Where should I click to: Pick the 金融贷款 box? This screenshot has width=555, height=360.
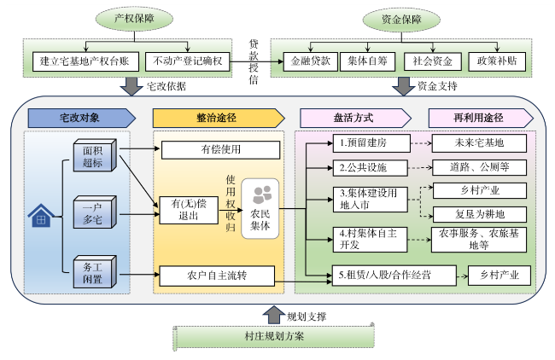[x=308, y=61]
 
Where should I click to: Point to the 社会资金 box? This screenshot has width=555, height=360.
[x=430, y=61]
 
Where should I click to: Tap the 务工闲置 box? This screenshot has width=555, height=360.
[x=92, y=271]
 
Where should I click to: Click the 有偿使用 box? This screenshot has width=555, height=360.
[x=215, y=151]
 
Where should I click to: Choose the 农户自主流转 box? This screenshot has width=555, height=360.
[x=217, y=276]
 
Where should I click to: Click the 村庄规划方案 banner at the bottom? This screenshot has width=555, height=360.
[x=274, y=336]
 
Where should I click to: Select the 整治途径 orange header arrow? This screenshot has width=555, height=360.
[x=217, y=117]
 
